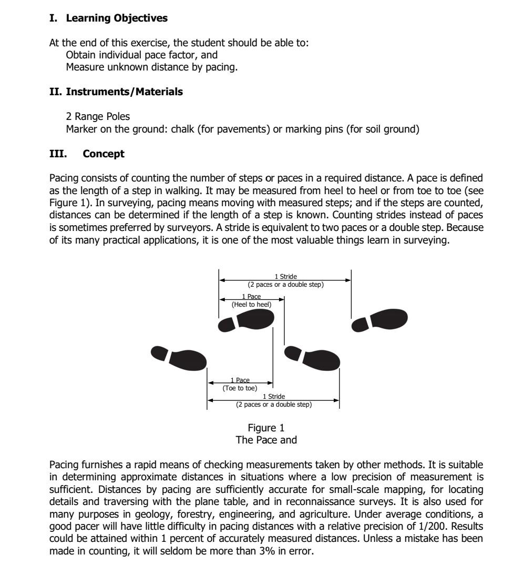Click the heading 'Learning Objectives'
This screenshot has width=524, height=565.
pyautogui.click(x=116, y=18)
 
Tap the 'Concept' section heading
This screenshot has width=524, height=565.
pyautogui.click(x=103, y=154)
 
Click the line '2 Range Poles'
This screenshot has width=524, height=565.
pyautogui.click(x=90, y=117)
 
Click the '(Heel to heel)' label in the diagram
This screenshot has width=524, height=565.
pyautogui.click(x=251, y=304)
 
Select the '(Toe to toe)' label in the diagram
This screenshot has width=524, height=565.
pyautogui.click(x=240, y=388)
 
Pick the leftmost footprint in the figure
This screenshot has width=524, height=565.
pyautogui.click(x=179, y=357)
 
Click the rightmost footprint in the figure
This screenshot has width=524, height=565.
pyautogui.click(x=380, y=319)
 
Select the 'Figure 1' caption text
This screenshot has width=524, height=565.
pyautogui.click(x=266, y=428)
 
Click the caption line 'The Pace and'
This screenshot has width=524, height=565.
pyautogui.click(x=266, y=440)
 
